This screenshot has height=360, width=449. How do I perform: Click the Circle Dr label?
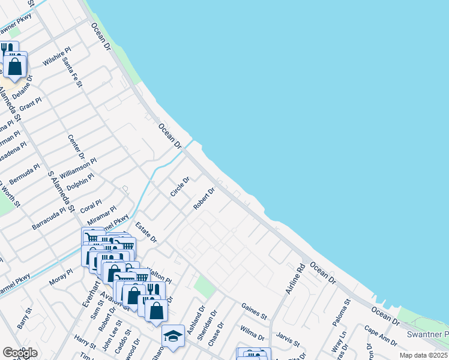[x=179, y=187]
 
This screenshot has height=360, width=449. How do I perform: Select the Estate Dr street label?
[x=146, y=233]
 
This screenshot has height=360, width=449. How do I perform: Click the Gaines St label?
[x=254, y=311]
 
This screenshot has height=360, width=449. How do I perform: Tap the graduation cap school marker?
[x=173, y=336]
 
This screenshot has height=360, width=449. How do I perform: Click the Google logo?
[x=20, y=353]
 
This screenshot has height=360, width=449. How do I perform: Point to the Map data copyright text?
[x=423, y=355]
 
